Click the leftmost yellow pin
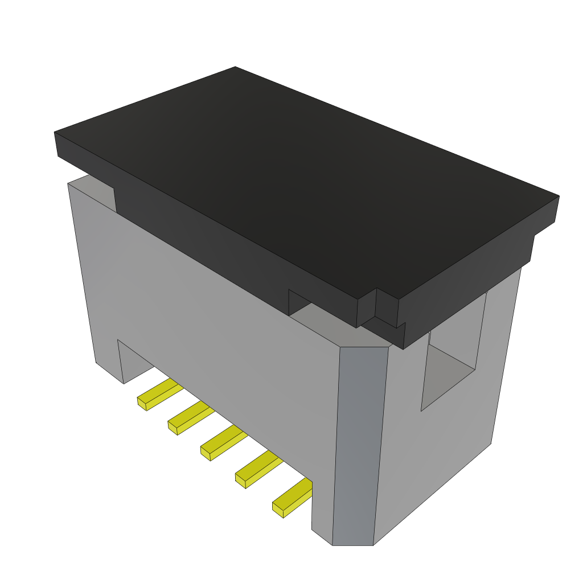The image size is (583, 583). tap(161, 392)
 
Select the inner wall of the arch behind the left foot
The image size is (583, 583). tap(134, 362)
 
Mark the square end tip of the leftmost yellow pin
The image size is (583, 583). tap(142, 404)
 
